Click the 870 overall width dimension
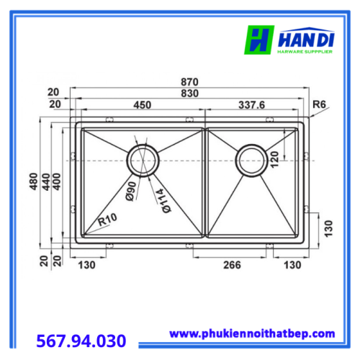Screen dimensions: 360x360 (x=189, y=82)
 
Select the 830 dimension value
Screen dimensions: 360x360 (x=189, y=94)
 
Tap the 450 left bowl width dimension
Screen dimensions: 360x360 (x=143, y=105)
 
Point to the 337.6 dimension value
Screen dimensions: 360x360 (x=251, y=105)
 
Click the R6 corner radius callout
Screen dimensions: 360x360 (x=319, y=104)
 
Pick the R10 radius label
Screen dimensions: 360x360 (x=107, y=220)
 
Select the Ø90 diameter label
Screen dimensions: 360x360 (x=131, y=191)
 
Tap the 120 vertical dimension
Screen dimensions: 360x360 (x=274, y=160)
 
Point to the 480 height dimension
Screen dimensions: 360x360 (x=34, y=181)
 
